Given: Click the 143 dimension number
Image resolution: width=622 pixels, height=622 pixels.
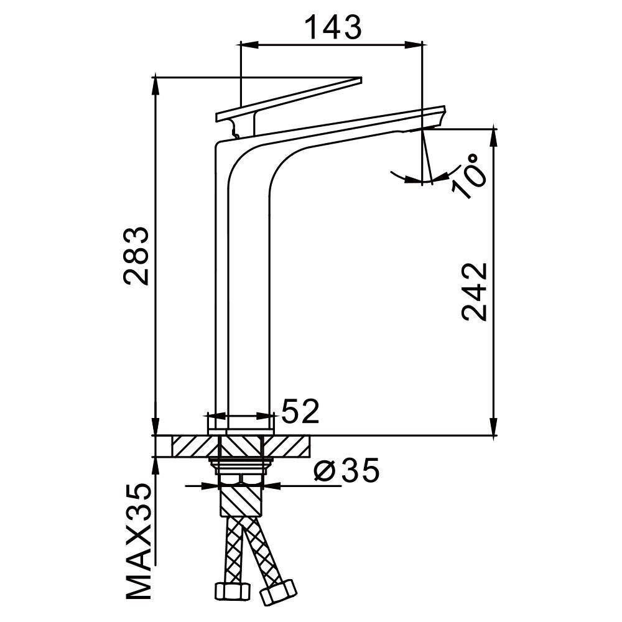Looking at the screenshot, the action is tap(334, 27).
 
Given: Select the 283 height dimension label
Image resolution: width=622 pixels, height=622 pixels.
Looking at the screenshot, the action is tap(136, 256).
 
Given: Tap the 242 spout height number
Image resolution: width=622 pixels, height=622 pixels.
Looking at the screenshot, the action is tap(474, 292).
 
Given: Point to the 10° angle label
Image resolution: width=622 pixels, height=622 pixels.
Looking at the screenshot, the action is tap(470, 176).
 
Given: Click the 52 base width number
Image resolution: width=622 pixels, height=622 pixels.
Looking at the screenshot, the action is tap(300, 411).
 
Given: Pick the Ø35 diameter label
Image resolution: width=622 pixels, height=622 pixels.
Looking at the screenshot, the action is tap(346, 470).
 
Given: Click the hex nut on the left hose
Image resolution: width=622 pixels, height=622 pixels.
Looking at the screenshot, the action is tap(232, 591).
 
